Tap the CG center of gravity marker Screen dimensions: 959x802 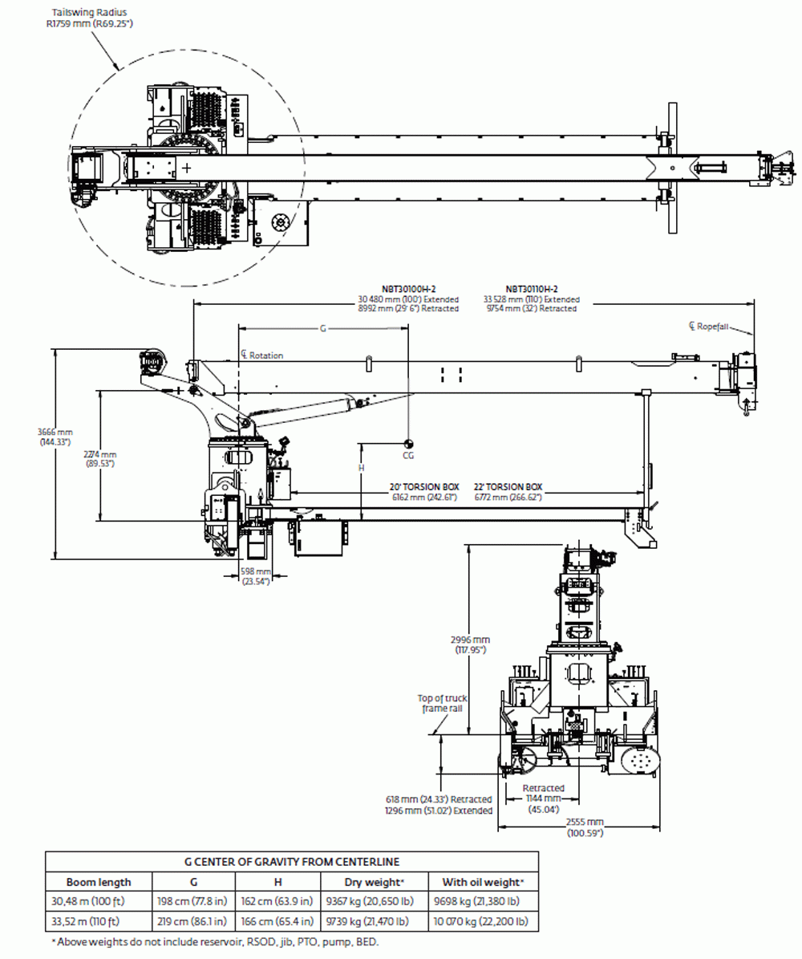click(408, 443)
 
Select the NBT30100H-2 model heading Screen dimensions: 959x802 click(408, 289)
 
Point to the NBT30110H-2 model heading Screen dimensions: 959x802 click(531, 289)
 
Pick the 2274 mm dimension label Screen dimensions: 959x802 click(100, 458)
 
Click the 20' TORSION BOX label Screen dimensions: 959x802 click(424, 487)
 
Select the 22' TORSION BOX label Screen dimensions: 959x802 click(508, 487)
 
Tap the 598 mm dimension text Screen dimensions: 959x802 click(256, 575)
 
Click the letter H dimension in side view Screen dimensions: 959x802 click(361, 467)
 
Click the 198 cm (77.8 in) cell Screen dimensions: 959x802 click(191, 901)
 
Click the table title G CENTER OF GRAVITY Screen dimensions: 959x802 click(292, 862)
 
